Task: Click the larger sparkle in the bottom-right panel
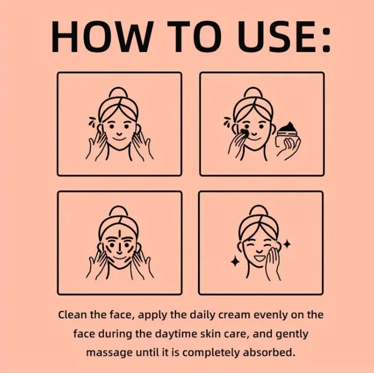coord(235,261)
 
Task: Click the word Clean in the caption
coord(71,315)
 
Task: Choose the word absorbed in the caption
coord(272,352)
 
